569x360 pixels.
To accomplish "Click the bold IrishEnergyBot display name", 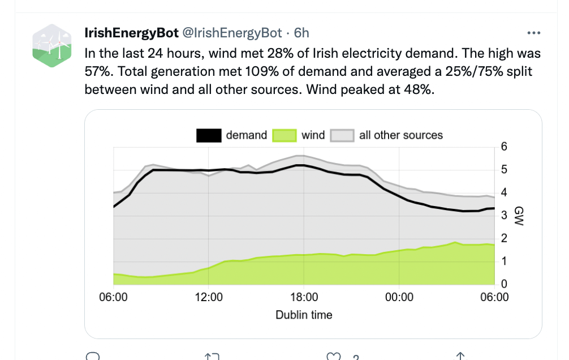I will pos(131,33).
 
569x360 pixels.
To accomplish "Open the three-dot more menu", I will pos(533,33).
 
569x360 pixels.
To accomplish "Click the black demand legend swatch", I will pos(209,135).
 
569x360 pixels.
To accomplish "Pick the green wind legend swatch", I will pos(284,135).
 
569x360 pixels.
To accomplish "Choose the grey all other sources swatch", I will pos(342,135).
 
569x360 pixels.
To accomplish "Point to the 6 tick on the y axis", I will pos(505,147).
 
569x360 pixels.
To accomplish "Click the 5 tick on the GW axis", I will pos(505,170).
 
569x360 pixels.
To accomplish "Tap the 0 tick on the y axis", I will pos(505,284).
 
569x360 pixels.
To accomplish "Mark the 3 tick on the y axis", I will pos(505,216).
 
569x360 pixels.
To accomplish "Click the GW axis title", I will pos(519,216).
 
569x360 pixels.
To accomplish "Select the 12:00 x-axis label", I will pos(209,297).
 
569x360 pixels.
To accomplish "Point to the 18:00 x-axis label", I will pos(304,297).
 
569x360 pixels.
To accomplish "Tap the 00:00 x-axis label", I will pos(399,297).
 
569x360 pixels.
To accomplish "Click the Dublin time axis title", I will pos(304,315).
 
